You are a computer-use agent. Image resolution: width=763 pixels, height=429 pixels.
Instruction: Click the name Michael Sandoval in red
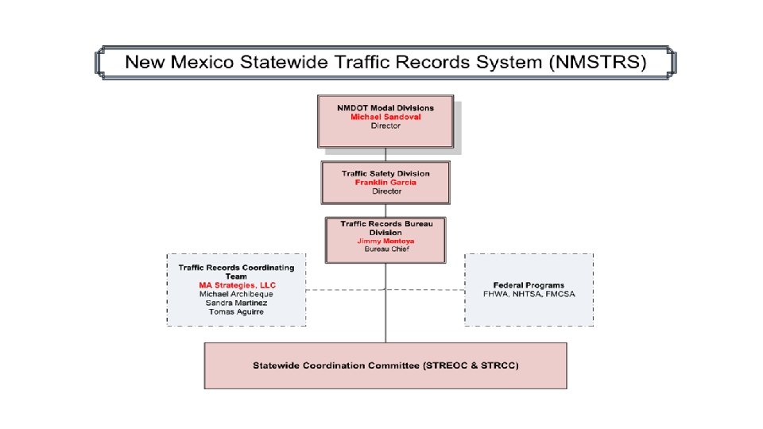point(385,117)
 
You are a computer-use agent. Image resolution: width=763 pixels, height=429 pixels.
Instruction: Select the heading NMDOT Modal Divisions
point(385,107)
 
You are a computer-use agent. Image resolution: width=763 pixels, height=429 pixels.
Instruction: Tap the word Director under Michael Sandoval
point(385,126)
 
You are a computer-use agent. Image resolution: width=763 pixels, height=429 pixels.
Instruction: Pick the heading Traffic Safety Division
point(385,173)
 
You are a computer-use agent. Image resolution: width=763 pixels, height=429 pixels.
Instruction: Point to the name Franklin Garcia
point(385,182)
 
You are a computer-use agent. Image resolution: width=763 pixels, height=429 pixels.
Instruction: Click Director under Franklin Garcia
point(385,191)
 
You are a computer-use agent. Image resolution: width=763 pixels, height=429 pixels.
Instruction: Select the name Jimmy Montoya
point(385,241)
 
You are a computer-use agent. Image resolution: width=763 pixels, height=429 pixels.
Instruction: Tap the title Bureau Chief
point(385,249)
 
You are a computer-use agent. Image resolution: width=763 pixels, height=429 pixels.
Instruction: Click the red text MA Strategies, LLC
point(236,284)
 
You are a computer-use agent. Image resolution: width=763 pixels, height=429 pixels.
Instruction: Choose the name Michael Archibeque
point(236,294)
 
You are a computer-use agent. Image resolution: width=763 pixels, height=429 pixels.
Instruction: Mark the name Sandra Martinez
point(236,303)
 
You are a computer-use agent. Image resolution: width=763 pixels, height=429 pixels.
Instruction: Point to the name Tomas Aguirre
point(236,311)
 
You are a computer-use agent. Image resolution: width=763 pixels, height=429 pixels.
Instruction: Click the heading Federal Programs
point(529,285)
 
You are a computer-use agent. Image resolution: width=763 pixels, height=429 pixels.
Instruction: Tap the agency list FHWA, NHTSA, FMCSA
point(529,294)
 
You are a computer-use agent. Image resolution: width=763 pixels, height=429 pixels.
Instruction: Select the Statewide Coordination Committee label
point(385,365)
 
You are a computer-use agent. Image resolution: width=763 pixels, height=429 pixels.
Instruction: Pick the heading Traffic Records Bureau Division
point(385,228)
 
